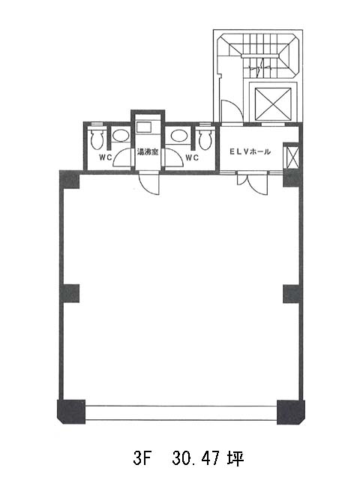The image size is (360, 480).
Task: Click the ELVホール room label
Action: coord(250,151)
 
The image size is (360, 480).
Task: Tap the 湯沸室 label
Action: coord(148,151)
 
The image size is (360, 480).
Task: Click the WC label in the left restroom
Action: coord(105,157)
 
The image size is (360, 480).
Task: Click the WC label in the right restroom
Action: coord(193,157)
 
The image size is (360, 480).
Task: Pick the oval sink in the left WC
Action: coord(120,135)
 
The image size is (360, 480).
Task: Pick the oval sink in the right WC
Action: coord(178,135)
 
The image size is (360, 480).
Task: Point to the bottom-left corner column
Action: coord(71,412)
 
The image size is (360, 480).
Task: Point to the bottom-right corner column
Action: coord(291,412)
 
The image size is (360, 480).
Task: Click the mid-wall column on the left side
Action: coord(70,294)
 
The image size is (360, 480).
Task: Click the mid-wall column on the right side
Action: coord(292,294)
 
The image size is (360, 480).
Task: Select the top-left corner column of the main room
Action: coord(70,180)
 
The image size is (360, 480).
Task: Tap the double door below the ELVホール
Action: coord(253,184)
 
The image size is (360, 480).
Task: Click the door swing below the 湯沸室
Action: coord(149,184)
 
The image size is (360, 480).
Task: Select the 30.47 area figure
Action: coord(196,458)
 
